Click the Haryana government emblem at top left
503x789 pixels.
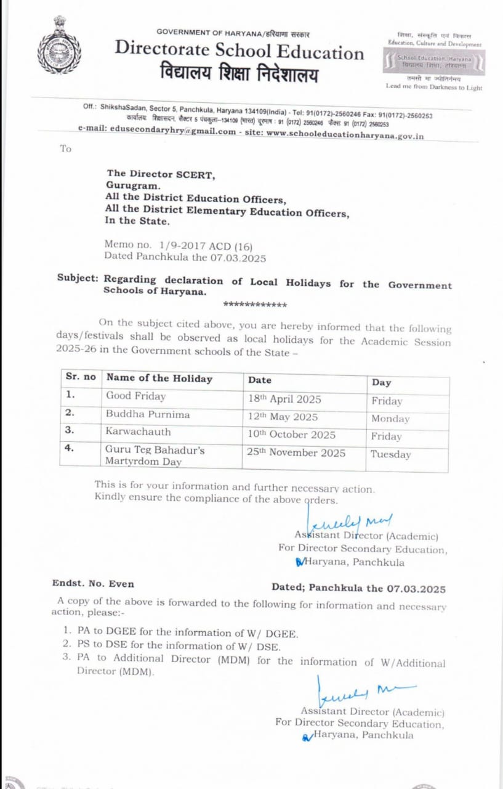58,46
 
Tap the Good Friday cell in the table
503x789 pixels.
135,396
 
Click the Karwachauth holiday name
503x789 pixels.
138,431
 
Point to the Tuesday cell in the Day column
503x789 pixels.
390,454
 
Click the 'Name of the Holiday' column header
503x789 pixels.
159,378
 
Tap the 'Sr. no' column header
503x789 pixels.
81,377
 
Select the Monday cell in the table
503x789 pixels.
390,419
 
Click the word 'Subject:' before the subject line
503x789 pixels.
78,278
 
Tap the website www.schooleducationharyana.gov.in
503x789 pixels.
345,135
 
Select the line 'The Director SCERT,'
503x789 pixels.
161,174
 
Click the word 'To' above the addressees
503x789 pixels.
66,149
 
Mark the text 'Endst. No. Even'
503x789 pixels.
93,583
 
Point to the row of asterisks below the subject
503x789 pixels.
255,304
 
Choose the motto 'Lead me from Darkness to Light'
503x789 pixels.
434,87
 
